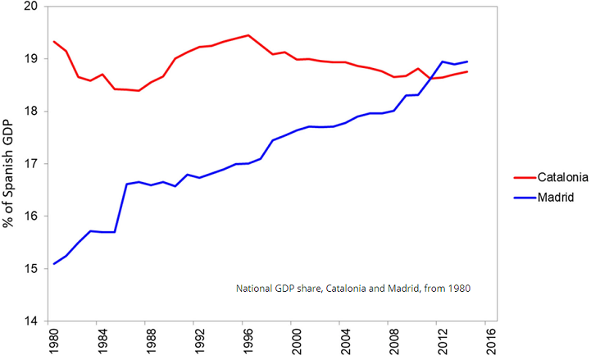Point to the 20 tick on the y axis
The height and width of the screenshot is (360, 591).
32,7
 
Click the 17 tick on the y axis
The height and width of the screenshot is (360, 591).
32,164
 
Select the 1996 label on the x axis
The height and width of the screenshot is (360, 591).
248,343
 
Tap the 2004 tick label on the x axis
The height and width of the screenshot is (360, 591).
343,343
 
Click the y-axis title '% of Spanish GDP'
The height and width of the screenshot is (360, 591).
10,164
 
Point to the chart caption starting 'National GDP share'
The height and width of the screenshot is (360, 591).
353,289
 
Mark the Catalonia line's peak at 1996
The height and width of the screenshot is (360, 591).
248,35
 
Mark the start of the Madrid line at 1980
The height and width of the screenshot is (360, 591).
54,263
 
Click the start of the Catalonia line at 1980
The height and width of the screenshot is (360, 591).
54,41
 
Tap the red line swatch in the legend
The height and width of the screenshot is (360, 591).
524,177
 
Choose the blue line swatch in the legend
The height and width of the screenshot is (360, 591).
524,198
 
